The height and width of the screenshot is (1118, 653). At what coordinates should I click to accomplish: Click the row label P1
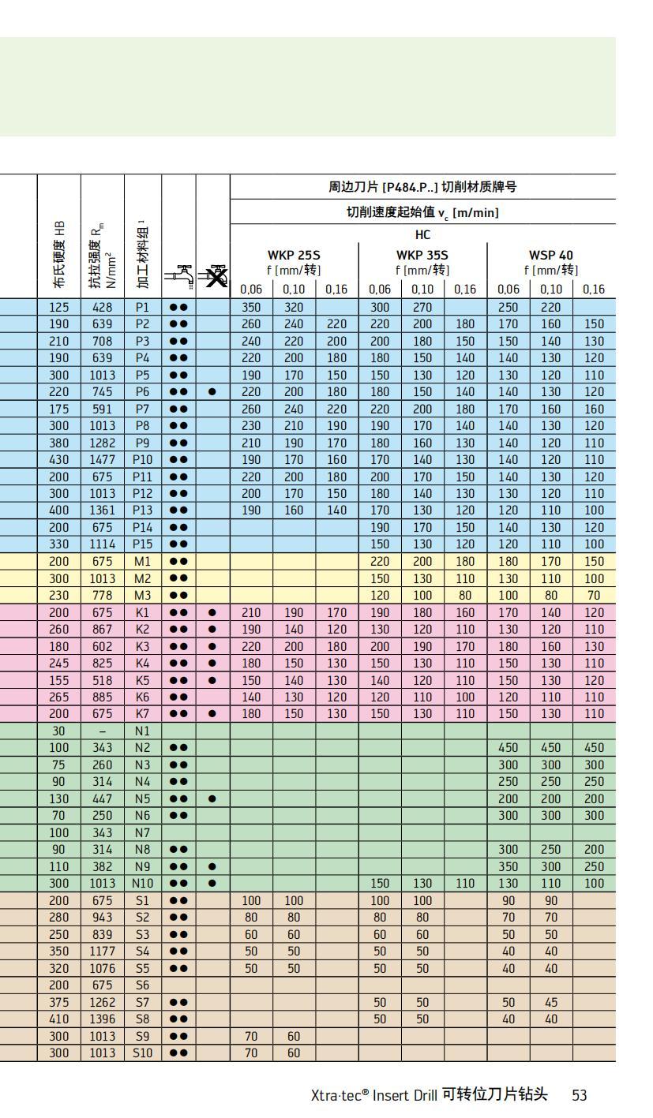point(142,307)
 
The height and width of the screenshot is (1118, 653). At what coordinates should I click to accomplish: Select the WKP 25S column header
point(294,256)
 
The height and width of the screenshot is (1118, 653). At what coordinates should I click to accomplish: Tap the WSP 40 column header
point(551,256)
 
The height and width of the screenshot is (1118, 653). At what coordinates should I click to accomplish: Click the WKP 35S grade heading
point(422,256)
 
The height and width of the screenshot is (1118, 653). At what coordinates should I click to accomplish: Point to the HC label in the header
point(422,235)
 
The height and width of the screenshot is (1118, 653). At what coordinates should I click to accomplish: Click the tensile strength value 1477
point(102,459)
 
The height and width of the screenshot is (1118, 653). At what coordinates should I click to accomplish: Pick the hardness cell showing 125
point(58,307)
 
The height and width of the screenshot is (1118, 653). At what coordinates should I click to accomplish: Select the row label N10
point(142,884)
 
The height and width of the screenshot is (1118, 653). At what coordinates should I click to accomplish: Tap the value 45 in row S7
point(550,1002)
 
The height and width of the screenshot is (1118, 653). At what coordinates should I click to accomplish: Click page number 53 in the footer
point(580,1095)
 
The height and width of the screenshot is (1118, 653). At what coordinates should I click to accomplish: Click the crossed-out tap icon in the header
point(212,275)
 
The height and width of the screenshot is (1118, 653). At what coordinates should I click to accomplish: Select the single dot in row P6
point(212,391)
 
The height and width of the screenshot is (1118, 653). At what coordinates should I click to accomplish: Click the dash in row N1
point(102,731)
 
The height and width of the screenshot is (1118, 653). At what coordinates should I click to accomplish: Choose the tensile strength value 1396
point(102,1019)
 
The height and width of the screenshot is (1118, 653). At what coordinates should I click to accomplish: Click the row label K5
point(142,680)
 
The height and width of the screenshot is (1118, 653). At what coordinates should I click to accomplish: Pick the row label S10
point(142,1053)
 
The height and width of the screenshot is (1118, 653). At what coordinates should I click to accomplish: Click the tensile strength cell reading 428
point(102,307)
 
